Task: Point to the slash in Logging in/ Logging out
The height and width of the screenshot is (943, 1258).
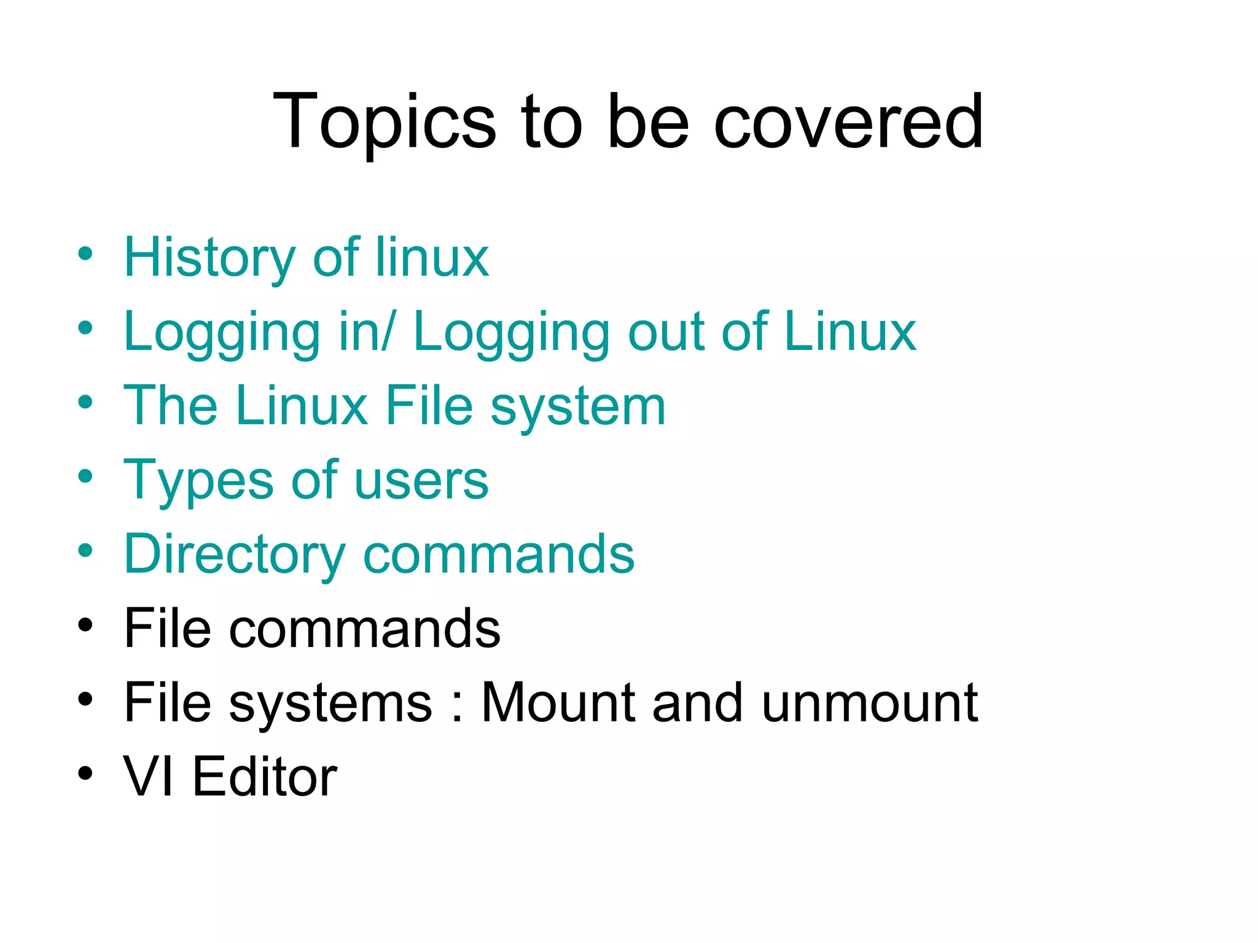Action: (386, 332)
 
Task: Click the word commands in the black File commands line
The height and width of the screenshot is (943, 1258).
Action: (365, 629)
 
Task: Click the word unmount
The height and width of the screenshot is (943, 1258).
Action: (869, 703)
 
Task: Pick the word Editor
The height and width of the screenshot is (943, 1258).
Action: (265, 777)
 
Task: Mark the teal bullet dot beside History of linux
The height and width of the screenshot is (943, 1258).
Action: (85, 254)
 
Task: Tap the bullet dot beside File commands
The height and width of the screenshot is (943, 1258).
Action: (85, 625)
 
